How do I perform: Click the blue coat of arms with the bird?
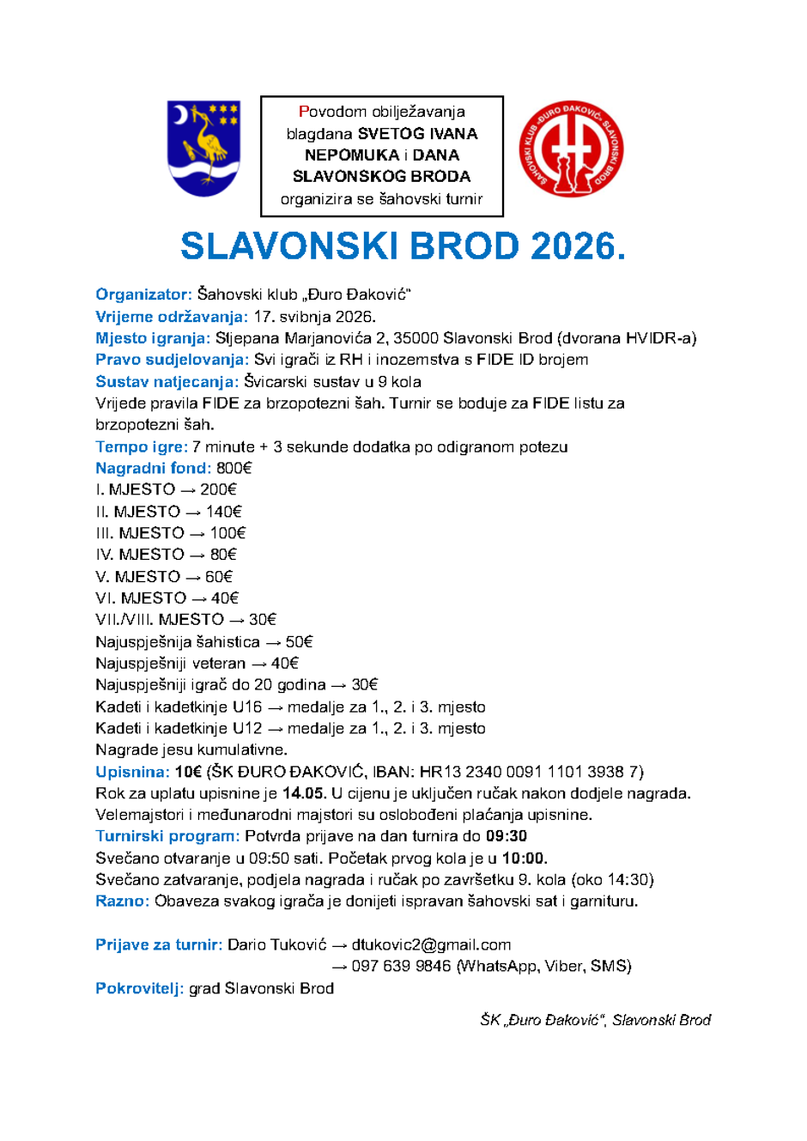203,148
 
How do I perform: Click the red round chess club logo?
571,149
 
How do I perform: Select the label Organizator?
143,294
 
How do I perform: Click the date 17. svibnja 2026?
314,317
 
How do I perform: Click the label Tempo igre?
141,446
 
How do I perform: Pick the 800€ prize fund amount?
234,468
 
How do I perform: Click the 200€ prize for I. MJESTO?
218,489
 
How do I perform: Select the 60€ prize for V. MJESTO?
219,577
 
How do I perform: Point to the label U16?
247,707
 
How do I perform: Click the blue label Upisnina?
132,772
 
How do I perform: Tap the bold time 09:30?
507,836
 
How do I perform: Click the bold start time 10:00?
524,859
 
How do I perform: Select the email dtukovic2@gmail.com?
431,945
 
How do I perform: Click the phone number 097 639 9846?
401,967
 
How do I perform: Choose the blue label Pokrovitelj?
139,988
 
